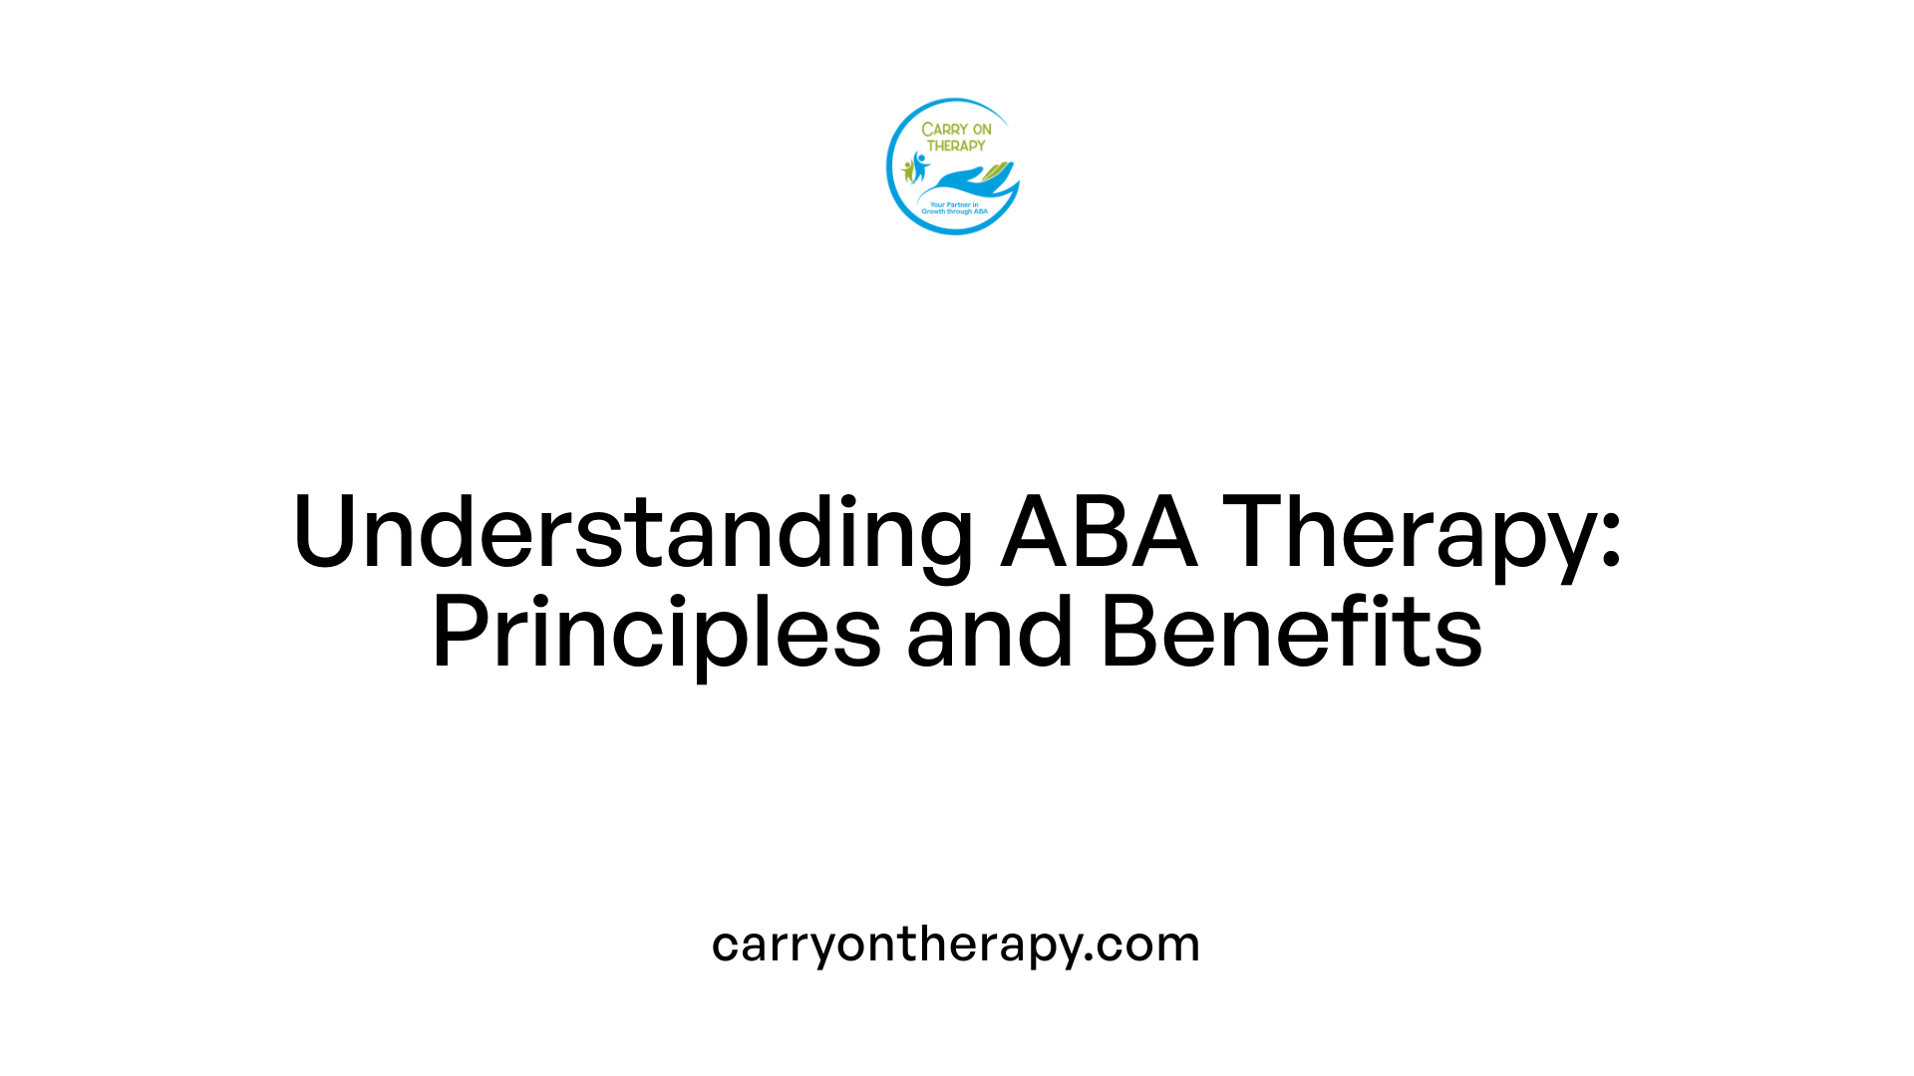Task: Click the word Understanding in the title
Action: click(632, 533)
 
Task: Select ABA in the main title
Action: click(1099, 533)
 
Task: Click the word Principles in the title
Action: click(656, 633)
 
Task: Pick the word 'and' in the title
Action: click(989, 633)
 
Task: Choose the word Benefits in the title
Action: click(1291, 633)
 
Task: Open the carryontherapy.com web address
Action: click(955, 943)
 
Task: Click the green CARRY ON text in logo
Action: click(956, 130)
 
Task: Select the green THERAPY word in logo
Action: click(956, 145)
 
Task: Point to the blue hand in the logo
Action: click(962, 182)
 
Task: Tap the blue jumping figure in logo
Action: click(920, 165)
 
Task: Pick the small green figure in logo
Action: click(908, 170)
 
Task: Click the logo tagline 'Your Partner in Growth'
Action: click(954, 208)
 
